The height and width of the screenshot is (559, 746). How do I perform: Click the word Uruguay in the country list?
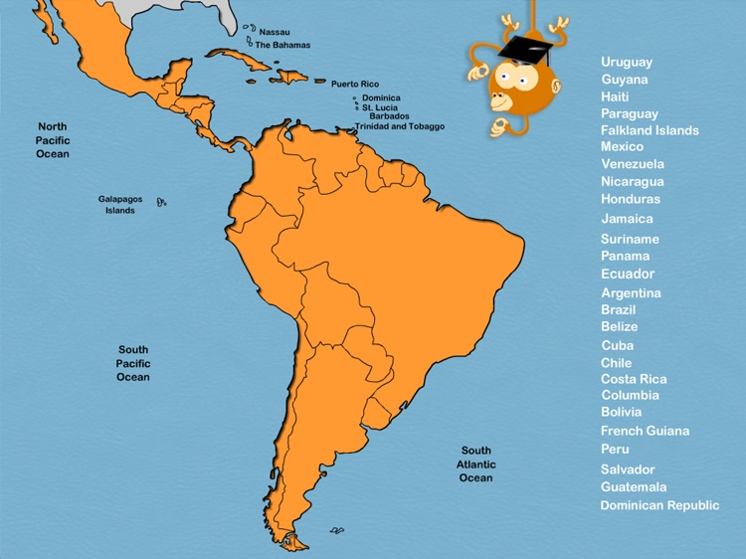[x=627, y=62]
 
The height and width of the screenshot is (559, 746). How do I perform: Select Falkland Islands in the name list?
[x=650, y=130]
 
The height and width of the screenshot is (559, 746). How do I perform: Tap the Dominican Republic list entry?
[x=659, y=505]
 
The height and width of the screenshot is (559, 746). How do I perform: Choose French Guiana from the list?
[x=645, y=431]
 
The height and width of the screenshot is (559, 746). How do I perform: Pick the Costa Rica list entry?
[x=634, y=379]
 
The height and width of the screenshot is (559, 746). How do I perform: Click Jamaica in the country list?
[x=627, y=219]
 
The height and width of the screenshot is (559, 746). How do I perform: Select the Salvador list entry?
[x=628, y=469]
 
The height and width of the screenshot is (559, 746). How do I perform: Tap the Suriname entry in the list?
[x=630, y=239]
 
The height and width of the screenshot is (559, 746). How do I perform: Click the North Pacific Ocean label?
[x=53, y=140]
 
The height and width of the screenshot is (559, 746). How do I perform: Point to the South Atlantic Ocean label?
[x=475, y=465]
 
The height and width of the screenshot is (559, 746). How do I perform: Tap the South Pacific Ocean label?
[x=132, y=363]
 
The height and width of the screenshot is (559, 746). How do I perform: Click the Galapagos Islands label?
[x=119, y=205]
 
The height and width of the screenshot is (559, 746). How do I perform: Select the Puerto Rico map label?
[x=355, y=85]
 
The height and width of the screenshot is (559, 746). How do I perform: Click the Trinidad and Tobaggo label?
[x=400, y=126]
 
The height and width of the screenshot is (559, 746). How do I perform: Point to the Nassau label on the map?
[x=275, y=32]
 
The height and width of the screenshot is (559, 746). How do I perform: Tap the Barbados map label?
[x=389, y=116]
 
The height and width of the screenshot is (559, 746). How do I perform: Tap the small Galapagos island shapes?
[x=161, y=202]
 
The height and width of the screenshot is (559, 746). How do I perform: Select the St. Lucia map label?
[x=381, y=107]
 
